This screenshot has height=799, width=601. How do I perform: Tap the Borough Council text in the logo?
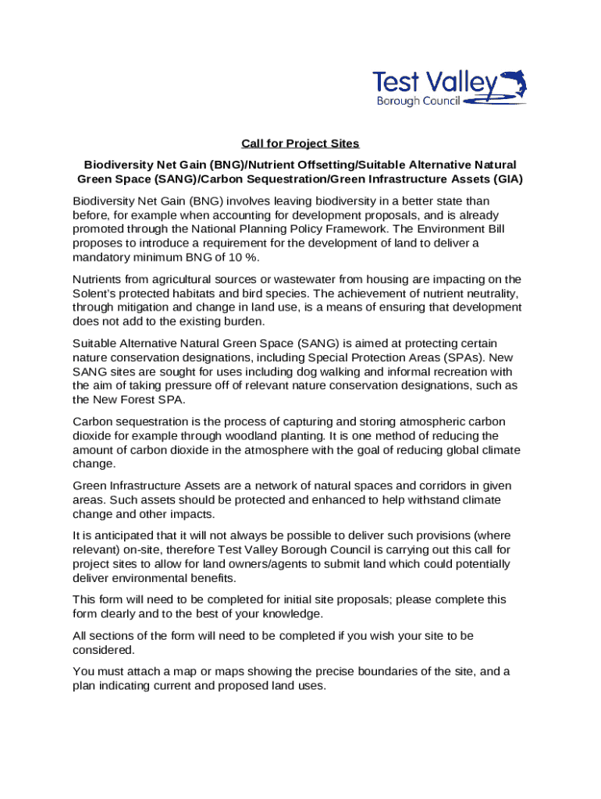tap(419, 101)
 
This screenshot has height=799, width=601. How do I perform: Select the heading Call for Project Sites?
tap(300, 143)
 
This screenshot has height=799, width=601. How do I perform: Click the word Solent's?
tap(94, 293)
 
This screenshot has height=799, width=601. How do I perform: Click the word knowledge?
tap(299, 613)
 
